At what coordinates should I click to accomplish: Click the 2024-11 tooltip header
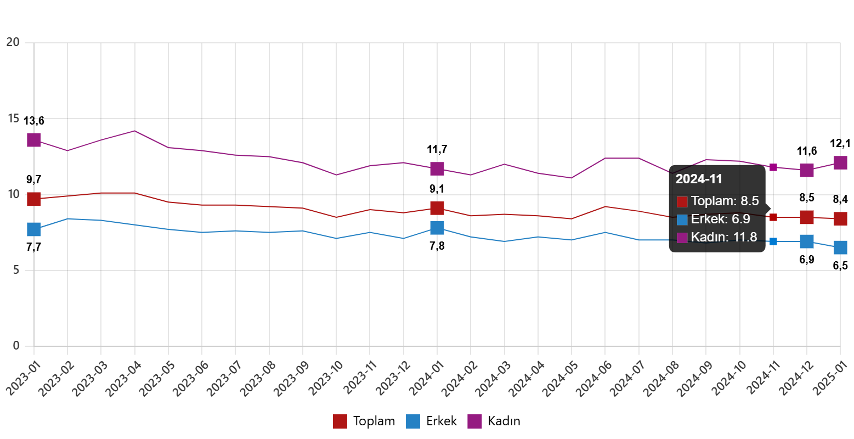(x=699, y=179)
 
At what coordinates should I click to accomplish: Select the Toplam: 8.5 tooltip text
(x=725, y=201)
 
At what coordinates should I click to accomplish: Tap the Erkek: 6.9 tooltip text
(x=720, y=219)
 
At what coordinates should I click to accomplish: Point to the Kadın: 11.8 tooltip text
(x=724, y=237)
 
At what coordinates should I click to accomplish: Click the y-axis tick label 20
(x=13, y=42)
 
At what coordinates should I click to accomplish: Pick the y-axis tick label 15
(x=13, y=118)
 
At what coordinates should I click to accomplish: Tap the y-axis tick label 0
(x=16, y=345)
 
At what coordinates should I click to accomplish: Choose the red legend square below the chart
(x=340, y=421)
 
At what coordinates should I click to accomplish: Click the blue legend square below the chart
(x=412, y=421)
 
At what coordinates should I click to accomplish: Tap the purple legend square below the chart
(x=474, y=421)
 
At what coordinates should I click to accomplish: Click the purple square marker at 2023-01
(x=34, y=140)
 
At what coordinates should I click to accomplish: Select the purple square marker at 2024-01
(x=437, y=168)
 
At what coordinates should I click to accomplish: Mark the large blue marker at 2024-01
(x=437, y=227)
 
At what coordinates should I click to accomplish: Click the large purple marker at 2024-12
(x=806, y=170)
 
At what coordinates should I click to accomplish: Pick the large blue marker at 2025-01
(x=840, y=247)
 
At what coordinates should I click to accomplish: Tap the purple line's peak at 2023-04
(x=134, y=131)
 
